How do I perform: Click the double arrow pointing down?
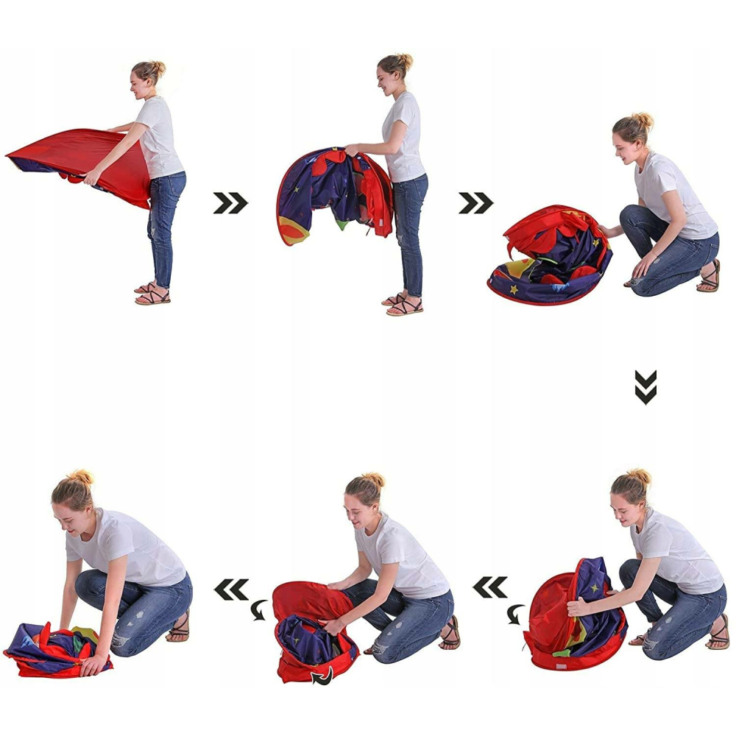click(645, 387)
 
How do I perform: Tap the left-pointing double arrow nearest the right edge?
click(489, 587)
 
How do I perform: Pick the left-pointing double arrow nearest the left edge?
click(230, 589)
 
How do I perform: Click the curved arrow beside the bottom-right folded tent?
click(516, 612)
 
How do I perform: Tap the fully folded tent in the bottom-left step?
click(55, 650)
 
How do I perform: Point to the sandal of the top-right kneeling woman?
click(709, 277)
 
